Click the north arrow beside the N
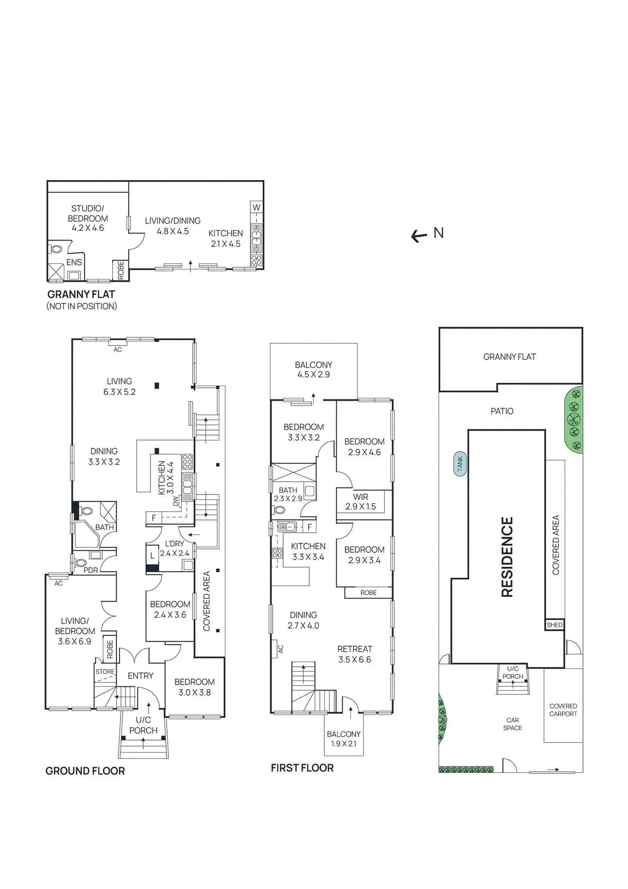pos(419,236)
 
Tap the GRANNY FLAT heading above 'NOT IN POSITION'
pos(81,294)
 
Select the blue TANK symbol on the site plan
pos(460,464)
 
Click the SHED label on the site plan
pos(554,625)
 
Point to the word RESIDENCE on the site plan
pos(508,557)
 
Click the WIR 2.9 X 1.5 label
pos(360,502)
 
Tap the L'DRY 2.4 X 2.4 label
pos(174,548)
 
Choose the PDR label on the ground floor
pos(91,570)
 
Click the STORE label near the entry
pos(105,672)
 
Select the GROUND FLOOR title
pos(86,771)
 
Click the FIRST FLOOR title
pos(302,768)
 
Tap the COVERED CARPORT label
pos(564,710)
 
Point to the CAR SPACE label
pos(513,724)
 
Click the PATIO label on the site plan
pos(502,411)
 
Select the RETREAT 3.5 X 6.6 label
pos(355,654)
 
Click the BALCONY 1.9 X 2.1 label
pos(344,739)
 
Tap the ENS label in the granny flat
pos(74,262)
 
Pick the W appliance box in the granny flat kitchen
pos(257,207)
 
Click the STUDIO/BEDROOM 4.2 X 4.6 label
pos(88,218)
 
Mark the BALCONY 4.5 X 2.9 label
pos(313,369)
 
